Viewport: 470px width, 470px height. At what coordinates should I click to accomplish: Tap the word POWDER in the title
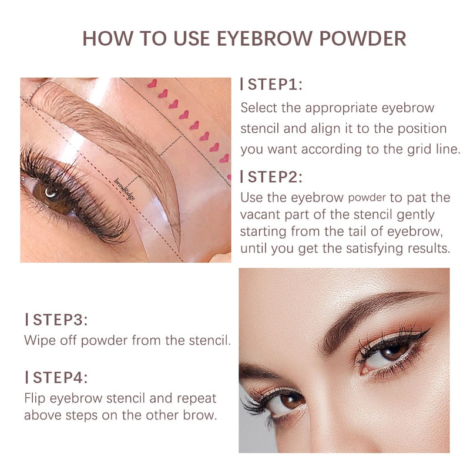(x=362, y=39)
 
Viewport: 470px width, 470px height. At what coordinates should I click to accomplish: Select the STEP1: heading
(x=271, y=84)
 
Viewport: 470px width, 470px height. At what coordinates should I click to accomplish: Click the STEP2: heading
(x=271, y=177)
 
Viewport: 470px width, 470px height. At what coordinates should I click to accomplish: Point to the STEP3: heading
(x=56, y=320)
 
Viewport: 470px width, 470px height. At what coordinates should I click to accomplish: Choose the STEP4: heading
(x=56, y=377)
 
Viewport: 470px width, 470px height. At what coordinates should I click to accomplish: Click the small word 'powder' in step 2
(x=367, y=198)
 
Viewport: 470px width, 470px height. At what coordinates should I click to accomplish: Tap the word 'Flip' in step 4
(x=35, y=399)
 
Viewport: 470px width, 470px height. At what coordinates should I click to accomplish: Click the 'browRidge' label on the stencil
(x=125, y=189)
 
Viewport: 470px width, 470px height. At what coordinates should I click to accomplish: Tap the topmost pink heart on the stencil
(x=152, y=83)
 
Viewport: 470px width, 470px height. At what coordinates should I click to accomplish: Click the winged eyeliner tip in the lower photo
(x=429, y=329)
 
